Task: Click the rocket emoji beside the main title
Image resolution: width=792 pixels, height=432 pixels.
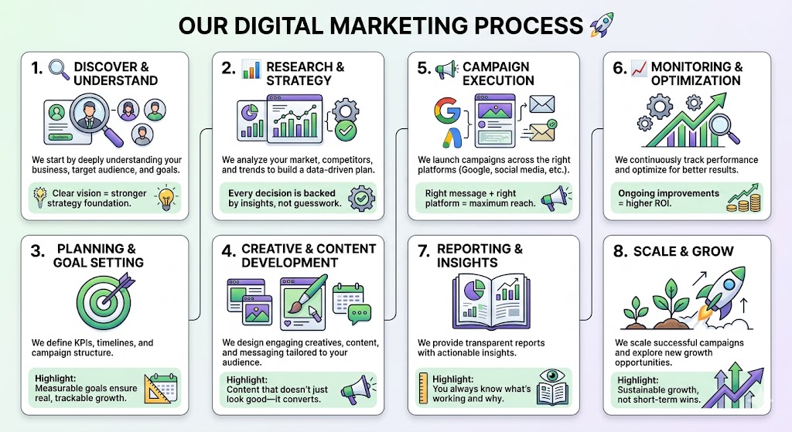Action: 602,26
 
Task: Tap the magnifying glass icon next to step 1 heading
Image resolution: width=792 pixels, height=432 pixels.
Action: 59,70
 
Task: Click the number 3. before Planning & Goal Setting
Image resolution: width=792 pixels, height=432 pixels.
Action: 37,251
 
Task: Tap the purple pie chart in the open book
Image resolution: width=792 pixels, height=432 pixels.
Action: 474,291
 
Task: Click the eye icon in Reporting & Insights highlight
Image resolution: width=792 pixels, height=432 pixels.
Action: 552,376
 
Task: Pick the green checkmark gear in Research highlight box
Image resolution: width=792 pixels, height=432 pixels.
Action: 362,198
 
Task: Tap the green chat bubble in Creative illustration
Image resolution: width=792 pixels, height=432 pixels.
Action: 359,314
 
